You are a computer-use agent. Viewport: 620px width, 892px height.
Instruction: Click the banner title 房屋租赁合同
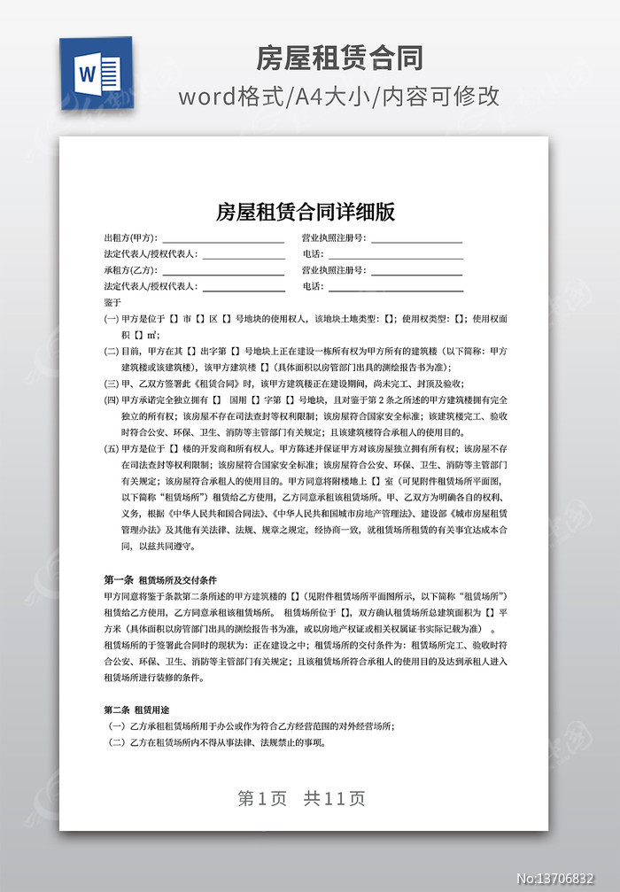339,58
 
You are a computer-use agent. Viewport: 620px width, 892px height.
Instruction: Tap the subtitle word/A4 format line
339,96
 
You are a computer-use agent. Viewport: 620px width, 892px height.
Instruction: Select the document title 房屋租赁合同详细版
306,212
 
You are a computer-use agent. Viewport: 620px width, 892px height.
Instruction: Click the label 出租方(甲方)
130,238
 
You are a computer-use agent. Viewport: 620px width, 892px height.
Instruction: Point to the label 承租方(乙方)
130,270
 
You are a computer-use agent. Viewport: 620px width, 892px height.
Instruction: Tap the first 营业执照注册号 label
334,238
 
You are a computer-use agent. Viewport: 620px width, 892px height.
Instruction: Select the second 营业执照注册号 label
334,270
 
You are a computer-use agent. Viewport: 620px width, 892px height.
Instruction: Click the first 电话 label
313,254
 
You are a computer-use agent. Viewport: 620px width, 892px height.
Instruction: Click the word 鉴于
112,302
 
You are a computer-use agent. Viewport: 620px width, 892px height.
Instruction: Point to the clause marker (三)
112,384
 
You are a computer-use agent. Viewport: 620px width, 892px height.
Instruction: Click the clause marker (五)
112,449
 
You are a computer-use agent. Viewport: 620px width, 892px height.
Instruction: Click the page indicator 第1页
263,798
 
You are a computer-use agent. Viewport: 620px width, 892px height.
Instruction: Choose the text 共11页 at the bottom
335,798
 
